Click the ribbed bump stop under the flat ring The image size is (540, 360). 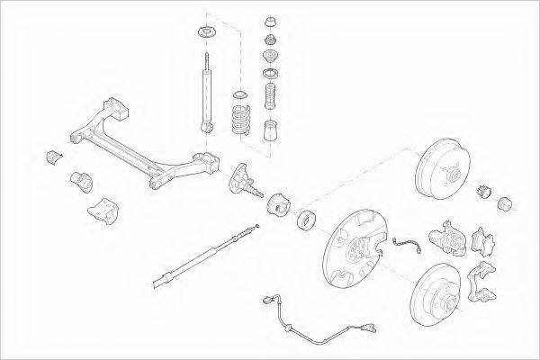click(268, 94)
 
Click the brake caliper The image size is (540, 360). click(445, 235)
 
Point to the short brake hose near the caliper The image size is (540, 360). click(407, 245)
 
